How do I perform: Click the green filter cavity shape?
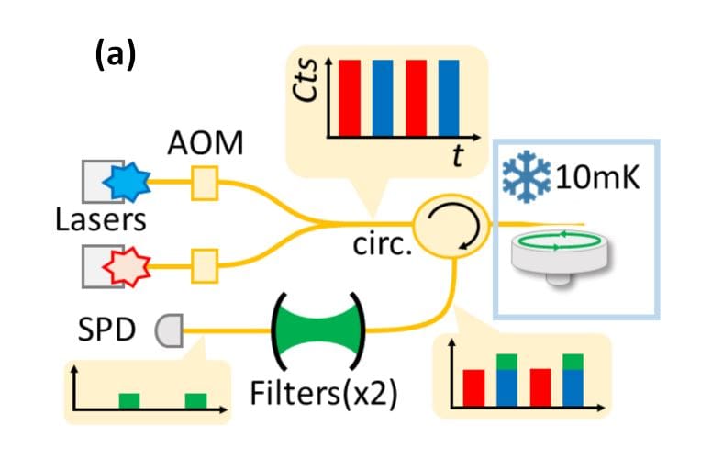click(x=318, y=325)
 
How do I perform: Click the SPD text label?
click(x=111, y=326)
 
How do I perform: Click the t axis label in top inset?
click(x=456, y=158)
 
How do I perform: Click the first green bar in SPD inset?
click(x=130, y=402)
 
